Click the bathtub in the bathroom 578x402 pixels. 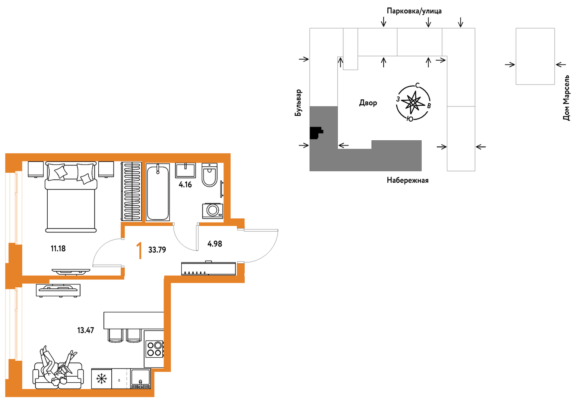(158, 192)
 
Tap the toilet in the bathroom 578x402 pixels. (209, 175)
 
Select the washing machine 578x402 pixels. (213, 211)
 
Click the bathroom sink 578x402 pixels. (185, 170)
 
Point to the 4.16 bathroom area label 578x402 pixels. (185, 185)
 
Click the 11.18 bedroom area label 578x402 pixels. (58, 249)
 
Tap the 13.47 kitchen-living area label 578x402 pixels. (86, 330)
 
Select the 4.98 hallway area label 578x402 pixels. (215, 244)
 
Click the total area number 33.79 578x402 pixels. (157, 250)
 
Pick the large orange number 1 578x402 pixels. (140, 251)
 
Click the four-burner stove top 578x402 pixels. (155, 349)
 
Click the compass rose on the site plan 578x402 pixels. (413, 103)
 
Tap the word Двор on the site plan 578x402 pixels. (368, 103)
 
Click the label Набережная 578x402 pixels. (408, 180)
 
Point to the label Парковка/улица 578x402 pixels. (414, 11)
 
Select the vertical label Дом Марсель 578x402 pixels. (566, 98)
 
